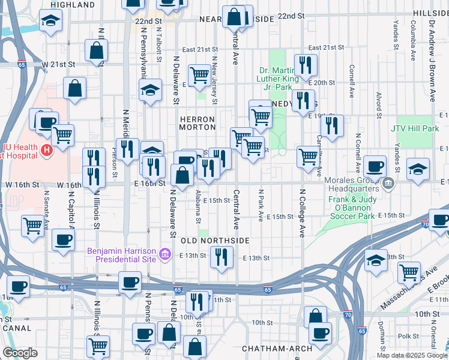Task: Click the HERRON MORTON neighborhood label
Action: pyautogui.click(x=197, y=123)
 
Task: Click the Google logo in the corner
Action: pyautogui.click(x=20, y=353)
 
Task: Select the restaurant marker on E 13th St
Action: pyautogui.click(x=221, y=257)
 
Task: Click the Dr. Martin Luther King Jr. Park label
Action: pyautogui.click(x=277, y=78)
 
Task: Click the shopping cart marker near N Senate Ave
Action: pyautogui.click(x=32, y=226)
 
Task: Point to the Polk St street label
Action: pyautogui.click(x=411, y=337)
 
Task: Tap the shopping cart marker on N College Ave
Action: pyautogui.click(x=308, y=157)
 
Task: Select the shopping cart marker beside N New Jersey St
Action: pyautogui.click(x=199, y=75)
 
